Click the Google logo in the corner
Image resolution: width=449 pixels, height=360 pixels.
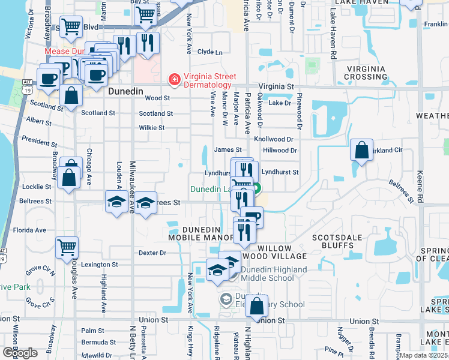pos(20,353)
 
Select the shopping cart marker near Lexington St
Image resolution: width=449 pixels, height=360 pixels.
pos(67,247)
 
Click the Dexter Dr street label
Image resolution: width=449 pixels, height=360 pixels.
pos(152,253)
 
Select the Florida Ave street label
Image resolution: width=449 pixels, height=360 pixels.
pos(30,230)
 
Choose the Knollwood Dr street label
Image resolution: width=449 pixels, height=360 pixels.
pos(273,139)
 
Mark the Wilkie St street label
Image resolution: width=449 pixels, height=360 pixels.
pos(151,128)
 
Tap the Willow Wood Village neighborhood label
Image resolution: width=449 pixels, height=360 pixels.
pos(282,252)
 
